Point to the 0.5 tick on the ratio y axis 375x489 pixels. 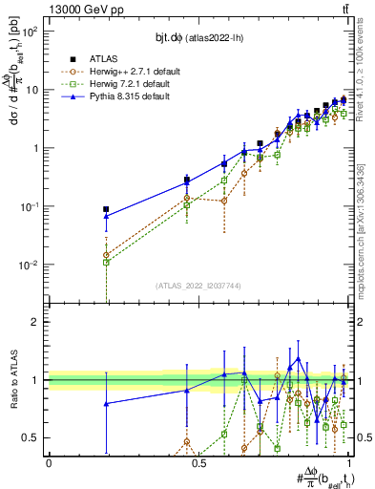tap(31, 438)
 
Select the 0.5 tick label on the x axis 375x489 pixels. tap(198, 463)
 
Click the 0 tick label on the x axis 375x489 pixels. tap(49, 463)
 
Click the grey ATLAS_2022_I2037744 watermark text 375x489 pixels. tap(198, 286)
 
